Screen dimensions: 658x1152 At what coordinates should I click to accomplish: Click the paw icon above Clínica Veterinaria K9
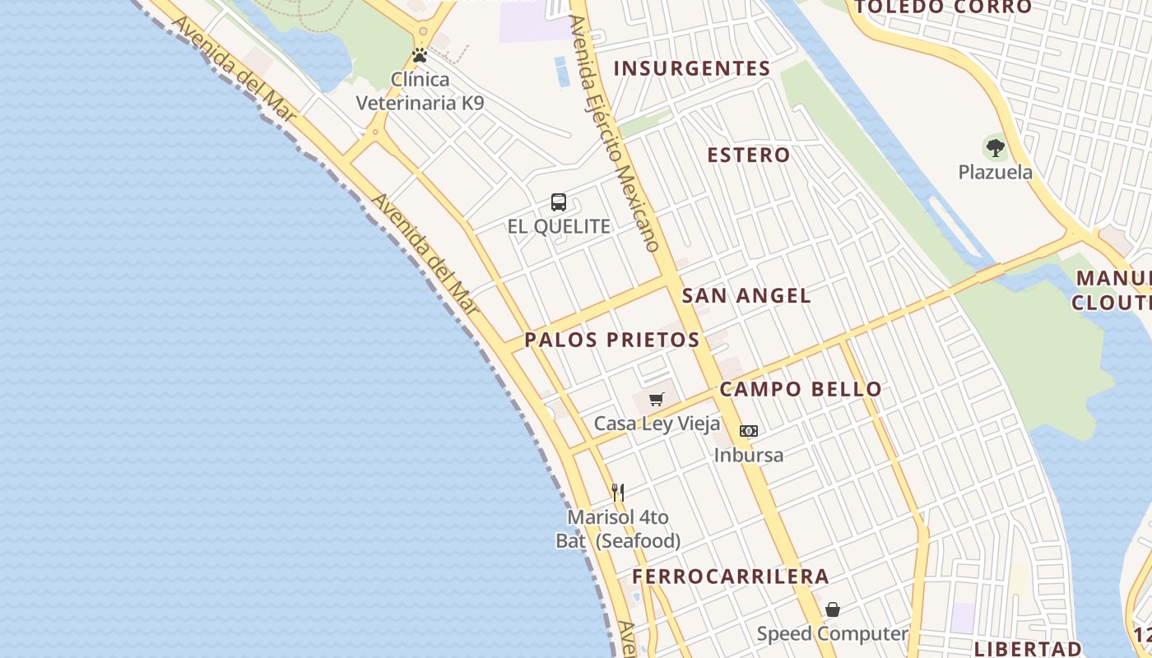pyautogui.click(x=420, y=56)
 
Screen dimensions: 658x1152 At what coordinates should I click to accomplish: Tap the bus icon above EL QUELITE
pyautogui.click(x=559, y=202)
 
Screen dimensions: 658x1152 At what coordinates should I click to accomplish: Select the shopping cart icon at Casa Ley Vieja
pyautogui.click(x=656, y=400)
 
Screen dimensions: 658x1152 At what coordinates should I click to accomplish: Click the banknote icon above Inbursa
pyautogui.click(x=748, y=430)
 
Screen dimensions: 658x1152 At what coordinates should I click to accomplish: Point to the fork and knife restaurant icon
pyautogui.click(x=618, y=493)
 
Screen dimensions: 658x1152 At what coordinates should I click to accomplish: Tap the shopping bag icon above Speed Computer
pyautogui.click(x=833, y=609)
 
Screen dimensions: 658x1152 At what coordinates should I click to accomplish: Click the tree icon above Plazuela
pyautogui.click(x=996, y=149)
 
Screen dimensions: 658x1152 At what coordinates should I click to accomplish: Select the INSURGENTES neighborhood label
pyautogui.click(x=692, y=68)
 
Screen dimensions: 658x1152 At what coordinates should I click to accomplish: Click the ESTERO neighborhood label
pyautogui.click(x=749, y=155)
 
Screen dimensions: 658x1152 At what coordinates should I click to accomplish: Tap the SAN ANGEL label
pyautogui.click(x=746, y=295)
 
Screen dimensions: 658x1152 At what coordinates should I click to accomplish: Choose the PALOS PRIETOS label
pyautogui.click(x=612, y=340)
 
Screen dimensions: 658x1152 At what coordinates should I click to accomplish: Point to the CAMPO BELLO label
pyautogui.click(x=801, y=389)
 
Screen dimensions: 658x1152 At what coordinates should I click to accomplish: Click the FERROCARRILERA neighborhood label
pyautogui.click(x=731, y=576)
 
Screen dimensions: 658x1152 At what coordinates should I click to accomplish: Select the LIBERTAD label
pyautogui.click(x=1028, y=648)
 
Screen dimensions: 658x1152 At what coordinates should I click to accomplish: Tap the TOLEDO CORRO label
pyautogui.click(x=943, y=7)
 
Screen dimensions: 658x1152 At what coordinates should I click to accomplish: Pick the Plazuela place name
pyautogui.click(x=996, y=173)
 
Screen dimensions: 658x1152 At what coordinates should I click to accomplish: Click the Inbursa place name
pyautogui.click(x=749, y=455)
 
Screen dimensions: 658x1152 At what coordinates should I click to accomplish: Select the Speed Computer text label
pyautogui.click(x=832, y=634)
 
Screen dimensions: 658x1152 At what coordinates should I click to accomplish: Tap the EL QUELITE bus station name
pyautogui.click(x=559, y=226)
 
